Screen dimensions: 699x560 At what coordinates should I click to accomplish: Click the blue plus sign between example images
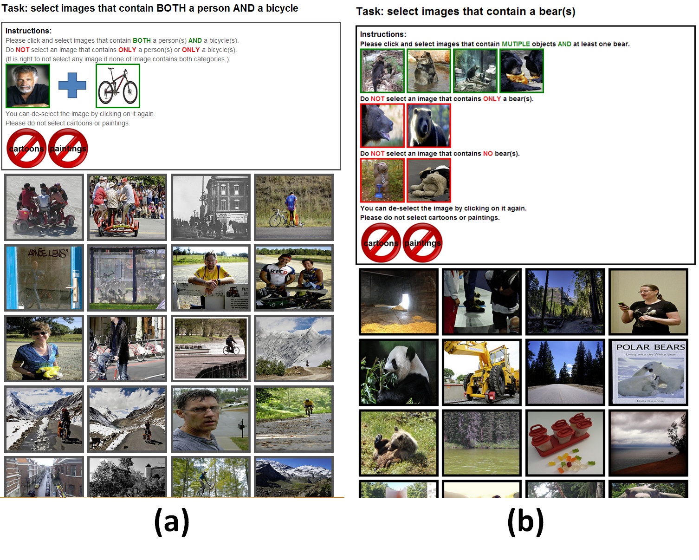click(x=72, y=85)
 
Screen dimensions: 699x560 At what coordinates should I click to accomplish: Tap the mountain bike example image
click(x=118, y=86)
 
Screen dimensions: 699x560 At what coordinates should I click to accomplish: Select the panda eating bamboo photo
click(x=399, y=372)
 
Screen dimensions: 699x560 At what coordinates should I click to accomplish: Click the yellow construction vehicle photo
click(x=482, y=372)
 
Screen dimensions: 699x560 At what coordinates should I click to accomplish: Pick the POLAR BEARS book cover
click(x=648, y=372)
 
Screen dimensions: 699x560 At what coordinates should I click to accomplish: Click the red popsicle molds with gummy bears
click(x=565, y=443)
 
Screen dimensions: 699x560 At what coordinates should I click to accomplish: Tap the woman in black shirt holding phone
click(x=648, y=302)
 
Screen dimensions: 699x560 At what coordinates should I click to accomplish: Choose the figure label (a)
click(x=172, y=521)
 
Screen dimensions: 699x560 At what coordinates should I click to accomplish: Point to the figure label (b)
click(x=525, y=521)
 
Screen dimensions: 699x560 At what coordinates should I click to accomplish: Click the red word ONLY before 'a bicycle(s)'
click(x=191, y=50)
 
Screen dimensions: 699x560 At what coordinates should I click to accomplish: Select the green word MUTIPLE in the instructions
click(x=516, y=44)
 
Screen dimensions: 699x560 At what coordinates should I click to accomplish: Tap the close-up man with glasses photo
click(x=211, y=419)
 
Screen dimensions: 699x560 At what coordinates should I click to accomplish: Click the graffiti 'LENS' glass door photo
click(x=44, y=278)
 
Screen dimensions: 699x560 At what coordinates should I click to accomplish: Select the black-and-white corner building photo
click(x=211, y=208)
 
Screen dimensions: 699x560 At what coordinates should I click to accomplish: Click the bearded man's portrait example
click(x=28, y=86)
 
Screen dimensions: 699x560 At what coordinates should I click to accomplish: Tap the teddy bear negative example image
click(x=429, y=180)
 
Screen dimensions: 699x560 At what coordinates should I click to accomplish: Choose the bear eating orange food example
click(x=522, y=71)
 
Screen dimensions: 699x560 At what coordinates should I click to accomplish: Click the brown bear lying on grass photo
click(x=399, y=443)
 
